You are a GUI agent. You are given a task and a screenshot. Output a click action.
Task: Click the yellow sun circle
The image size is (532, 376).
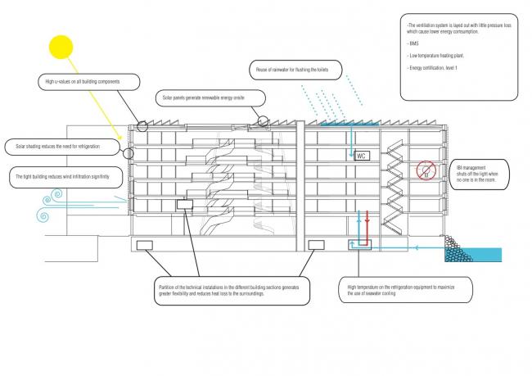[61, 46]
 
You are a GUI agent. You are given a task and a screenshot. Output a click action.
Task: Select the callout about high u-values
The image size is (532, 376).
[88, 82]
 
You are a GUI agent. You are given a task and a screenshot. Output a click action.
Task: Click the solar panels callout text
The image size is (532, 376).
[212, 97]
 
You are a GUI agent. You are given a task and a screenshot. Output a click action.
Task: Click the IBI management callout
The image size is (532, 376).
[483, 174]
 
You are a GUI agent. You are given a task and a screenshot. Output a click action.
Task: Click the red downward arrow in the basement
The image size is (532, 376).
[367, 224]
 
